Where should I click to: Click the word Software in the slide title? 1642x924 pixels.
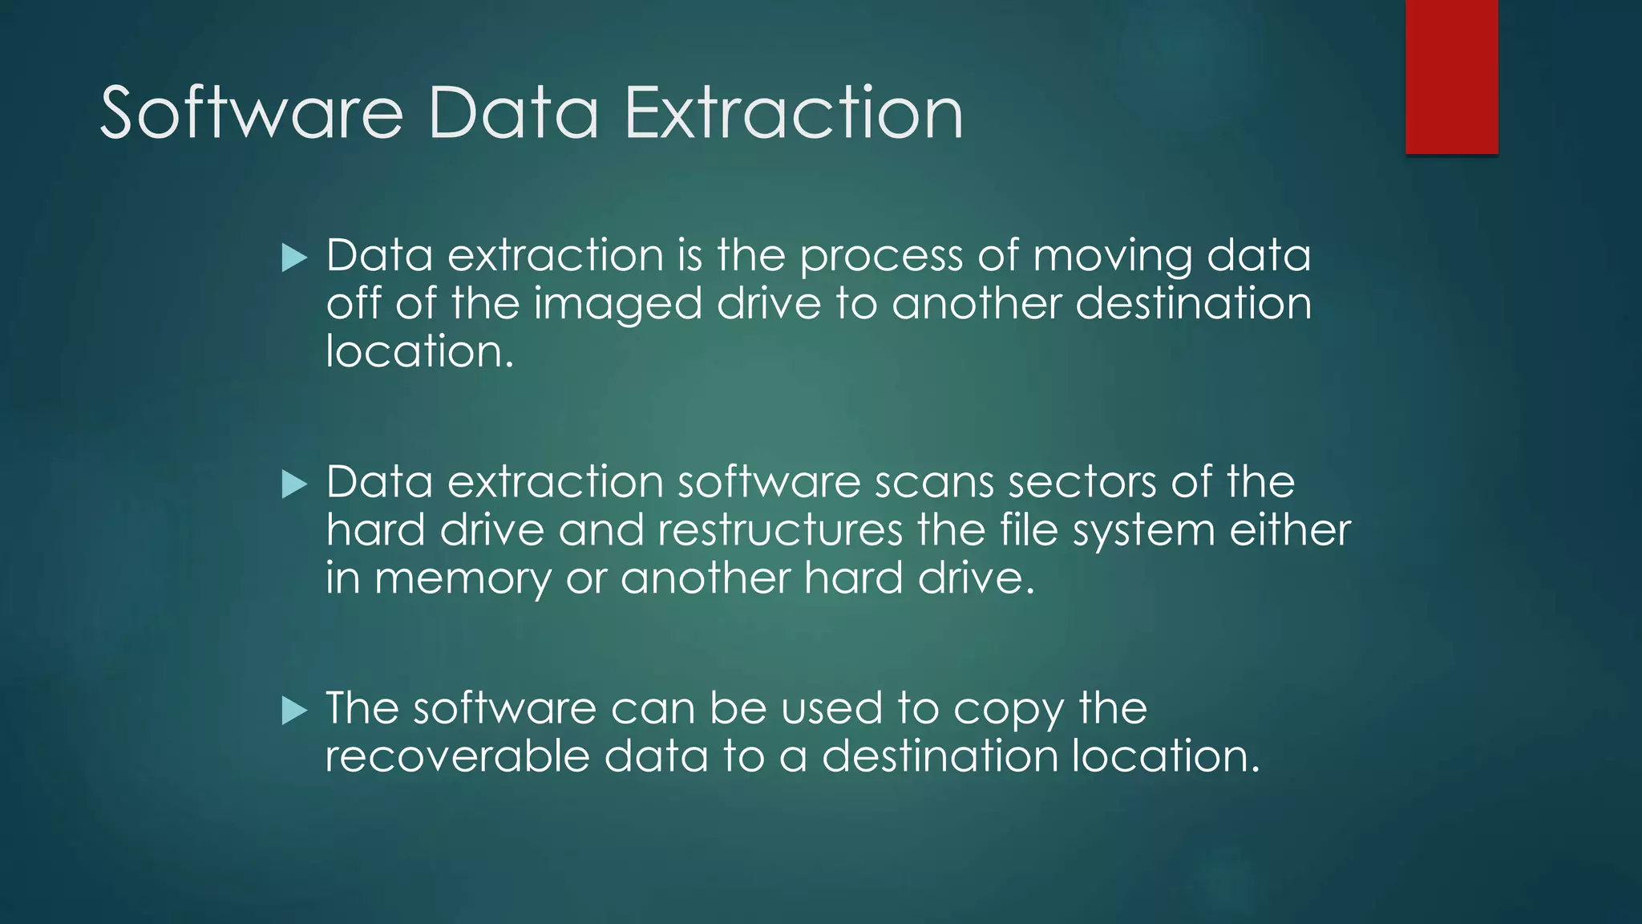251,113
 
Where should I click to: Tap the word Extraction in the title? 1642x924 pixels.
793,113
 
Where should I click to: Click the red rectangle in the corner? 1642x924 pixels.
1451,76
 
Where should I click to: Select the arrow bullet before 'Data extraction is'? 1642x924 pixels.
294,258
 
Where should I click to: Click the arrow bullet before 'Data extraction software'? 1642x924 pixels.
294,484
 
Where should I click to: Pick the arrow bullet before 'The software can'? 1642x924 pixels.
294,711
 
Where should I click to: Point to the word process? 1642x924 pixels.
881,257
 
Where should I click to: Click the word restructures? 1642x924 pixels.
780,530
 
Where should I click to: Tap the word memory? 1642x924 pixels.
463,579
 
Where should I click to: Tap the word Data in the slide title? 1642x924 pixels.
513,113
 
